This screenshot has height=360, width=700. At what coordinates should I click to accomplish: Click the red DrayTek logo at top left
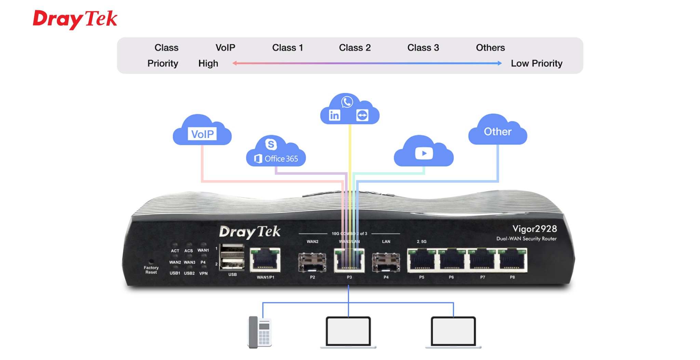[x=75, y=19]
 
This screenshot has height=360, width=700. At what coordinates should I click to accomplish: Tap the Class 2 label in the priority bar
[x=354, y=47]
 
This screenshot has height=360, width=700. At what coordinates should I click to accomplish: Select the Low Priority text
[x=536, y=64]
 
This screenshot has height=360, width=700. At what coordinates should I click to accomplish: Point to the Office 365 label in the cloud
[x=281, y=159]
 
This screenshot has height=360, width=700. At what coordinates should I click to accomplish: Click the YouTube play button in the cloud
[x=424, y=153]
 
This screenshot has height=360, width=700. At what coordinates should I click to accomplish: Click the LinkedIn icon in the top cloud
[x=334, y=115]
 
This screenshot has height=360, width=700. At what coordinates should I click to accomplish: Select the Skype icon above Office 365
[x=271, y=144]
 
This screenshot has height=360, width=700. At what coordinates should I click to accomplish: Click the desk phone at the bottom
[x=259, y=332]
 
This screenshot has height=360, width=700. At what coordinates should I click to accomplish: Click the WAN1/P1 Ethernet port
[x=265, y=260]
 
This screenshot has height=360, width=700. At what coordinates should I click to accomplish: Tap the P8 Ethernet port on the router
[x=512, y=260]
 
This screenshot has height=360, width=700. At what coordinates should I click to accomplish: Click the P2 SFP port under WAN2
[x=312, y=262]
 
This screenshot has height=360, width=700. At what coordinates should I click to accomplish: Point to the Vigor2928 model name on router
[x=535, y=229]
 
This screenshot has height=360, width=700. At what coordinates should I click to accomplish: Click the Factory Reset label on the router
[x=151, y=270]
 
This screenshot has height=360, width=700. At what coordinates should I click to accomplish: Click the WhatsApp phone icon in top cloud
[x=347, y=102]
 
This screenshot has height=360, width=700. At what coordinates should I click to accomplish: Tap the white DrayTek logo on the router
[x=250, y=232]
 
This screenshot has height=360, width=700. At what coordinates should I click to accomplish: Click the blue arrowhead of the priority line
[x=500, y=63]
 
